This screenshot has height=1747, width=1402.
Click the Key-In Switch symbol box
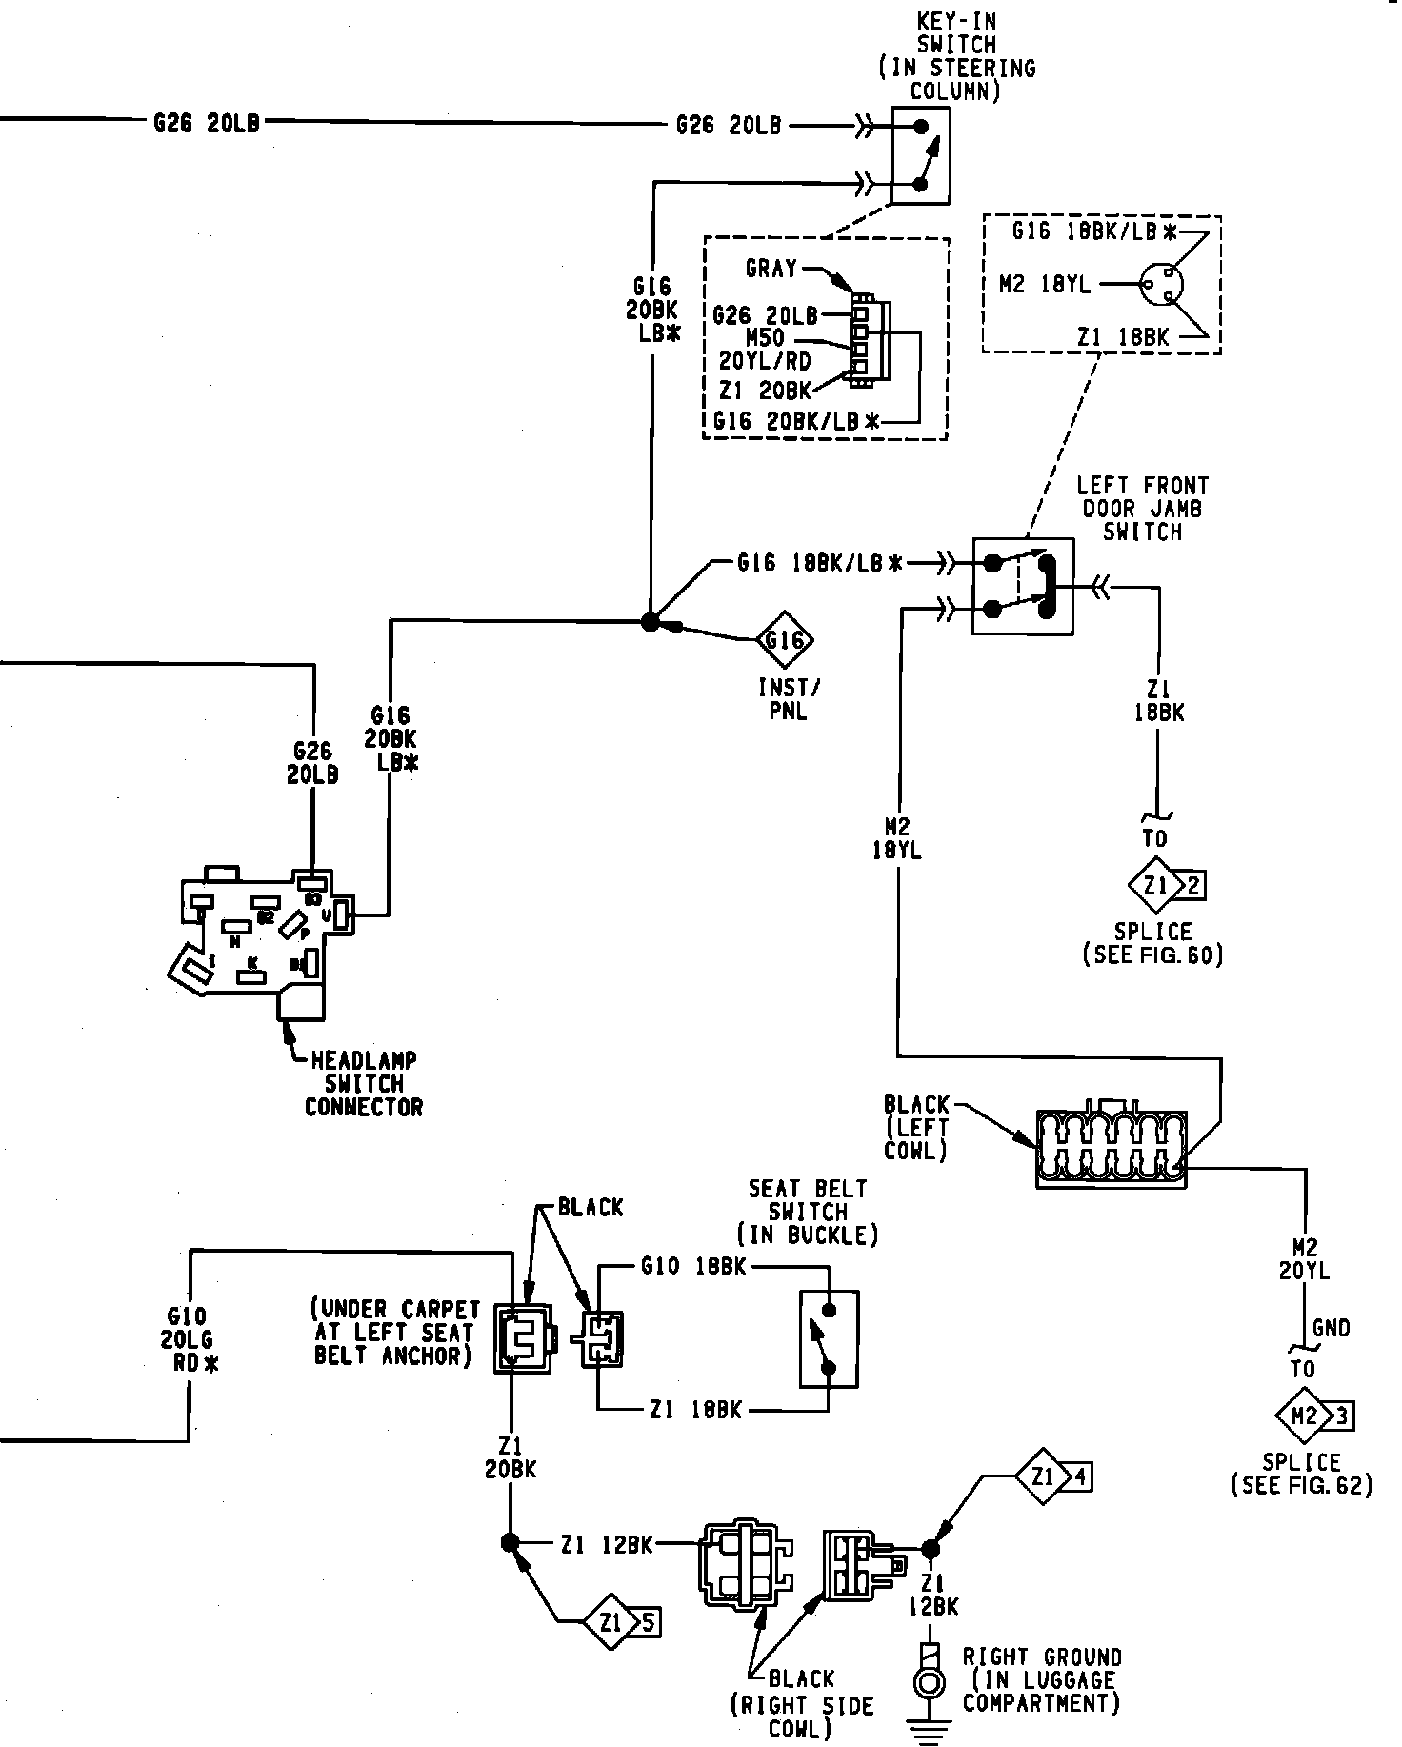[920, 154]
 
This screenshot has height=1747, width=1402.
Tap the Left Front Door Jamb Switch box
[1022, 586]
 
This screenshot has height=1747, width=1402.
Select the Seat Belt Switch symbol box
[829, 1338]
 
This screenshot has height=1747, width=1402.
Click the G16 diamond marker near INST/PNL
[785, 639]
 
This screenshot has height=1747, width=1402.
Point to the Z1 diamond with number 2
[1156, 886]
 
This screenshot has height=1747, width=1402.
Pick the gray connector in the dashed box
[870, 343]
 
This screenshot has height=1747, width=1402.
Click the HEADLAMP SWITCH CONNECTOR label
[363, 1083]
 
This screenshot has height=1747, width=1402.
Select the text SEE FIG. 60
[1152, 954]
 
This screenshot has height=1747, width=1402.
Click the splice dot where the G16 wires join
[650, 622]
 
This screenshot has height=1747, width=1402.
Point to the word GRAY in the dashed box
[771, 269]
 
